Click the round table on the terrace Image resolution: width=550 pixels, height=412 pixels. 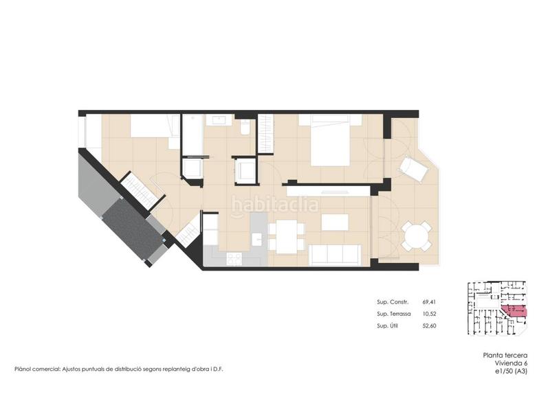tap(417, 236)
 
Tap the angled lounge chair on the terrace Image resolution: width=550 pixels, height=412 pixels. tap(414, 169)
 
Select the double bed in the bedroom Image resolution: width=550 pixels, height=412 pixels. tap(330, 140)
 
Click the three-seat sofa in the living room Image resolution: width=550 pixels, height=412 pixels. tap(335, 255)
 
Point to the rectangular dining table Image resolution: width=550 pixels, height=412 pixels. tap(287, 236)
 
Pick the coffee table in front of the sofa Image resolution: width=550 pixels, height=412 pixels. tap(335, 222)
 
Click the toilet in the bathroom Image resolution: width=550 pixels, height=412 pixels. tap(245, 126)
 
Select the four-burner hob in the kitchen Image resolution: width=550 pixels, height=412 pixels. tap(234, 259)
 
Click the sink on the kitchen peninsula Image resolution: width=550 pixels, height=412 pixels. tap(257, 240)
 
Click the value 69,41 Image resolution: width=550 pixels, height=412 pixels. tap(429, 301)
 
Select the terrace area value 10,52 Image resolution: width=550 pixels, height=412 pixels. tap(429, 314)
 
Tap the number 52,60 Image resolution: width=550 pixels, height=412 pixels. tap(429, 325)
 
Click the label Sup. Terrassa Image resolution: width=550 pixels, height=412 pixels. tap(393, 314)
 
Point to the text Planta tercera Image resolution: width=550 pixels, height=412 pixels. tap(505, 355)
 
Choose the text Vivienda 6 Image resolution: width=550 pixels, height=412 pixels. tap(511, 363)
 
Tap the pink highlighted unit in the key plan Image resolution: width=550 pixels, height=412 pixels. tap(514, 311)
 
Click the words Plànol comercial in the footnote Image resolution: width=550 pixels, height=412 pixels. tap(37, 369)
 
